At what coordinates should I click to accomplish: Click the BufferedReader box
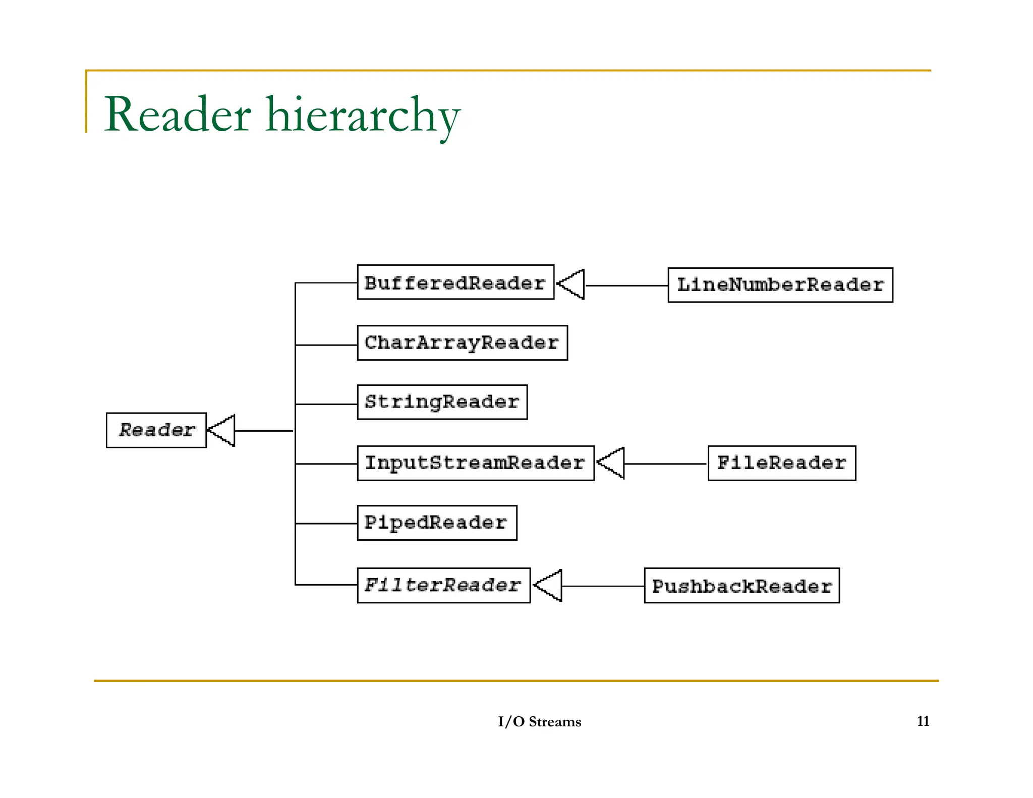pos(455,282)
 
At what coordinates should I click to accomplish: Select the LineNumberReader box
pos(780,285)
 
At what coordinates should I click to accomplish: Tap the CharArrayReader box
pos(462,343)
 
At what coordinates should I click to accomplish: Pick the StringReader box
pos(442,402)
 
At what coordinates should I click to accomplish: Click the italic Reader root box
pos(156,430)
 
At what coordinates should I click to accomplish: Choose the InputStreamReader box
pos(475,463)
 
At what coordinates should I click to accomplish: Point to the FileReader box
pos(781,463)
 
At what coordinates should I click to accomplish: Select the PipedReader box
pos(437,523)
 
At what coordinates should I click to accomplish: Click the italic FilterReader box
pos(443,585)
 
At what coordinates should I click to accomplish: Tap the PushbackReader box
pos(741,586)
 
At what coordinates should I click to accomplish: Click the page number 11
pos(923,721)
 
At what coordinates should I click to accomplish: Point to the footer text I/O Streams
pos(539,722)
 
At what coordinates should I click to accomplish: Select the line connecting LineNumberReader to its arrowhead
pos(626,286)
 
